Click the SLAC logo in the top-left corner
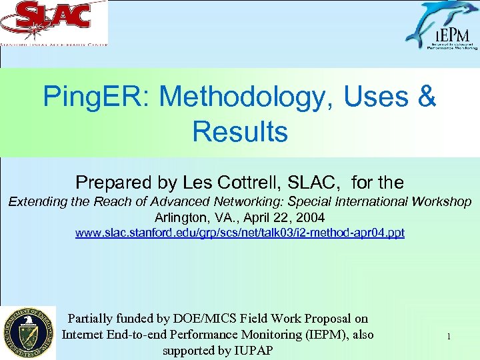(x=53, y=23)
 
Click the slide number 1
(x=449, y=337)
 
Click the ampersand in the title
(x=426, y=97)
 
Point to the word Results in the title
(x=240, y=131)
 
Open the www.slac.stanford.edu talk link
(x=240, y=233)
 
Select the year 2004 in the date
(x=311, y=217)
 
